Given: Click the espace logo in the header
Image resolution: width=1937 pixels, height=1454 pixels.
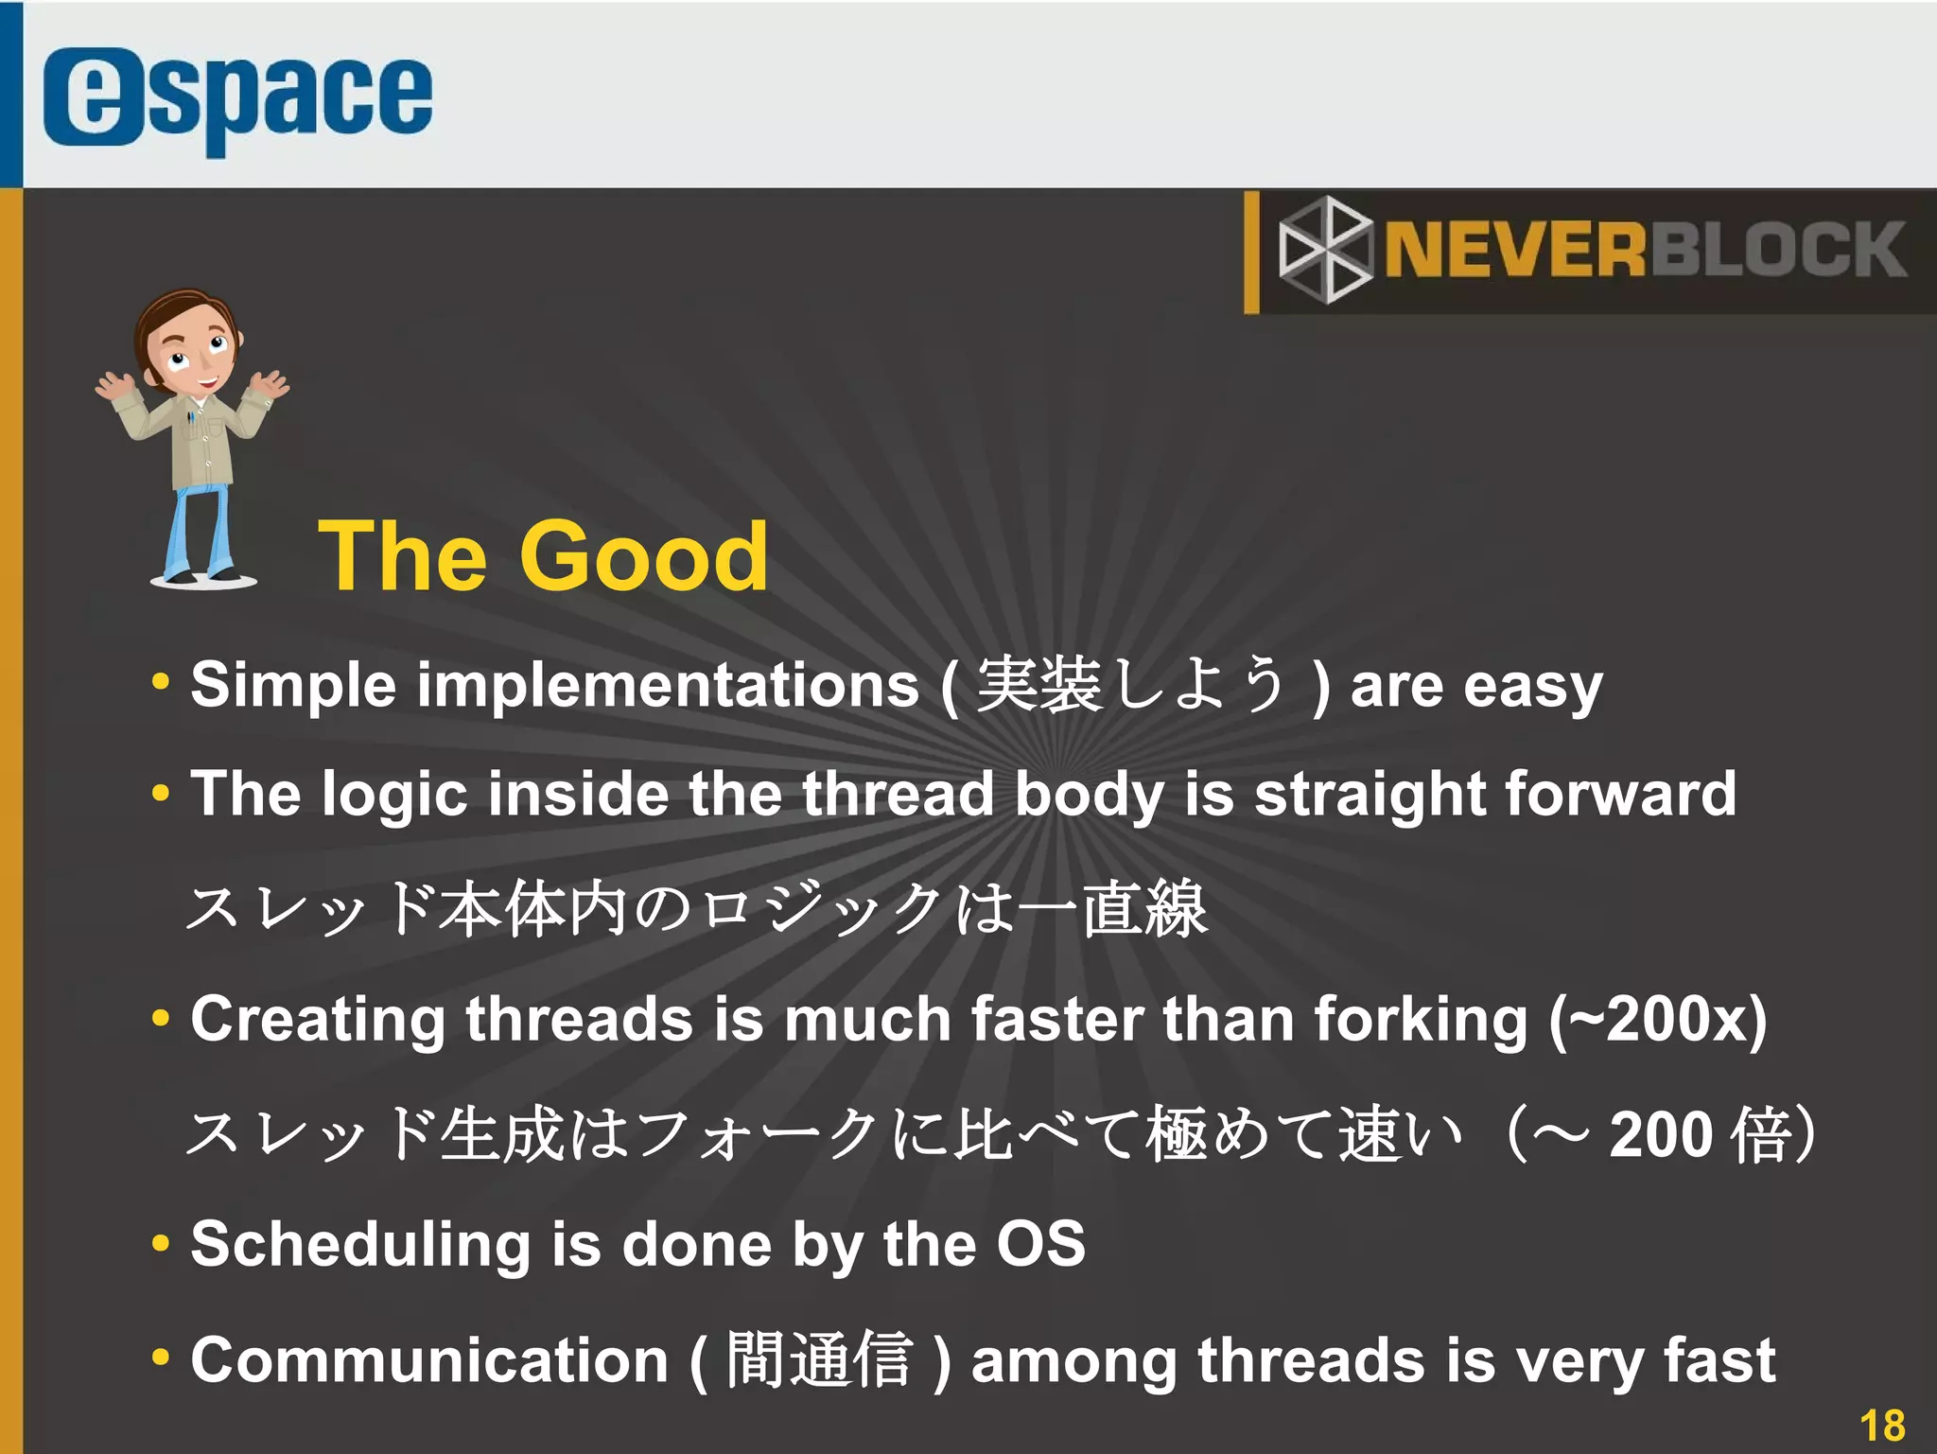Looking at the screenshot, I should [236, 99].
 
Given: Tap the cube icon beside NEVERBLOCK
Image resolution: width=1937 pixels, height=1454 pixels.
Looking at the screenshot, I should [1325, 250].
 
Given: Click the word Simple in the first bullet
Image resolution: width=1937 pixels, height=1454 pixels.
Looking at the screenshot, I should [293, 685].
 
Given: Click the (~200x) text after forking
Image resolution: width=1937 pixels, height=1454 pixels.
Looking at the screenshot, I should [1658, 1020].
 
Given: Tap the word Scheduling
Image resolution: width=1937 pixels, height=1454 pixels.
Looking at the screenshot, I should [360, 1245].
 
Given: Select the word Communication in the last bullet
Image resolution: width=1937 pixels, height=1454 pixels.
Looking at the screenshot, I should [429, 1360].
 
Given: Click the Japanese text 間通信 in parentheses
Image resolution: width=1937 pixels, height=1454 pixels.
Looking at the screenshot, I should [819, 1360].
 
